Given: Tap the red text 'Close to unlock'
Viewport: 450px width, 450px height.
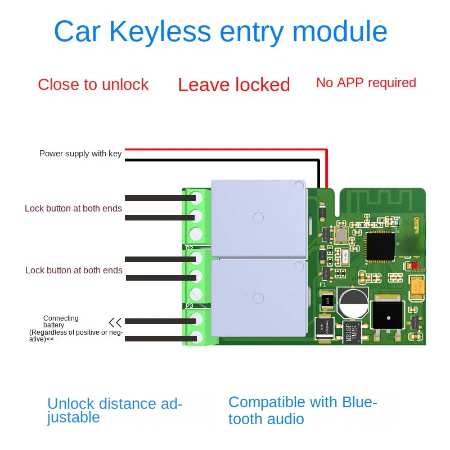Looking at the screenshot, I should (93, 85).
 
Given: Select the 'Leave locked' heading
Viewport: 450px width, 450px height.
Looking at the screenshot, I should (234, 85).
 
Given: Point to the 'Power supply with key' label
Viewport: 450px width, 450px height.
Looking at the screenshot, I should (80, 154).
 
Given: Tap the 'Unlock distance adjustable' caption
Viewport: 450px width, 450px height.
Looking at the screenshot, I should (115, 410).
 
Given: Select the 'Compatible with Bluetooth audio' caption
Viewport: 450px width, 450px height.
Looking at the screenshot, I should (303, 410).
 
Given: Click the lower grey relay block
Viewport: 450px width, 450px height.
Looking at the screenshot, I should (258, 298).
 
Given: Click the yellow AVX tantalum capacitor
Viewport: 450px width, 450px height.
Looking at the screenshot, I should (418, 289).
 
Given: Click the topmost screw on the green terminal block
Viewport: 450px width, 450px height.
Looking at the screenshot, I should (196, 197).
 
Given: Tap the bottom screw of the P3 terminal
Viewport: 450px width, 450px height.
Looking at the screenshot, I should (196, 337).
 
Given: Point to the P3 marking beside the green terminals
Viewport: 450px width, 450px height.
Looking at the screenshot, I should (189, 306).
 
